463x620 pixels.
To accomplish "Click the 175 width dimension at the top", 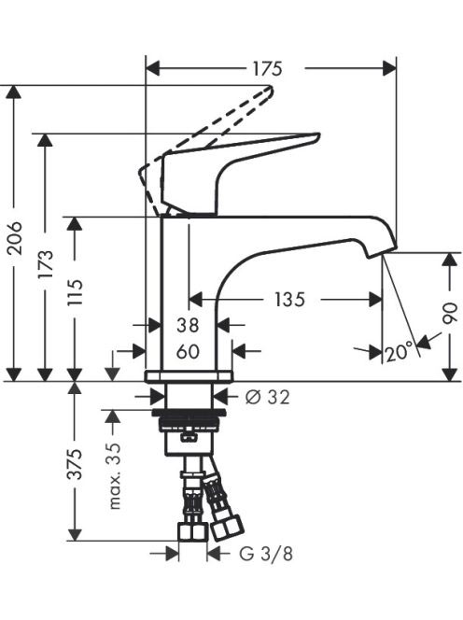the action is [267, 69].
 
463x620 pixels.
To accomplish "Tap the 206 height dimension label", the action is [16, 238].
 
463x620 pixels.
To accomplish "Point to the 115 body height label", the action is [75, 292].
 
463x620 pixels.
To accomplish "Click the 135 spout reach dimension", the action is [289, 300].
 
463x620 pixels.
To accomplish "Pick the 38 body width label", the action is [188, 326].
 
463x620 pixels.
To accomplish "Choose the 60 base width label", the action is [188, 351].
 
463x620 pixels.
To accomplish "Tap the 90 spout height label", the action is [450, 314].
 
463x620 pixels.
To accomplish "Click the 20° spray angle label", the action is [400, 353].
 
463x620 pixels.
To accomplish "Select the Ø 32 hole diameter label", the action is [268, 397].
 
